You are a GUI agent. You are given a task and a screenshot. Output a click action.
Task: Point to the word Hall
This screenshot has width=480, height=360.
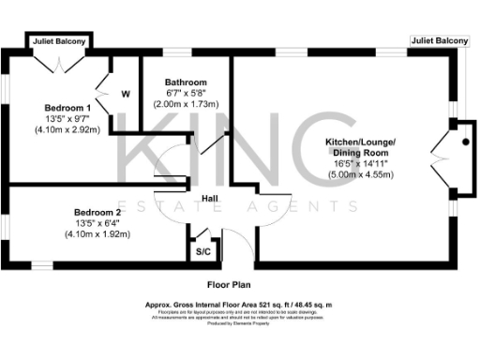click(210, 198)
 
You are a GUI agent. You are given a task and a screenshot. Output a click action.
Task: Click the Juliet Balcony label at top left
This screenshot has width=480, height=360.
click(61, 42)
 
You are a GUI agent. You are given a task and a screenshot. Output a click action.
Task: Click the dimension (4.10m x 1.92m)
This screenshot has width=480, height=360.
click(98, 233)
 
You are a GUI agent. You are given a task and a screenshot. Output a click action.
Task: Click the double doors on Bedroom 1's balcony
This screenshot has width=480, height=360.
click(60, 64)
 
